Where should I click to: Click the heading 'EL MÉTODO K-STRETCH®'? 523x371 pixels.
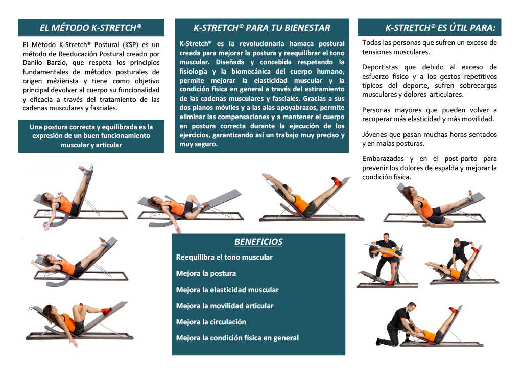click(91, 28)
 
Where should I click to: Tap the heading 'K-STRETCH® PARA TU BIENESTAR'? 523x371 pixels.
click(262, 28)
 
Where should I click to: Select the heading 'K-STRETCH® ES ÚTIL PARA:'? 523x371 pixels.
click(440, 28)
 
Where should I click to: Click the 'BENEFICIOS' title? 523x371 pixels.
click(258, 242)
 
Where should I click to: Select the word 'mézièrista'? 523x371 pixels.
click(60, 81)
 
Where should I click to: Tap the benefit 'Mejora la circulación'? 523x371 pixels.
click(211, 322)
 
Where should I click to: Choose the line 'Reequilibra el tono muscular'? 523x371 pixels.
click(224, 257)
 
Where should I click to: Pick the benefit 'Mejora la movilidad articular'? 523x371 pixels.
click(225, 306)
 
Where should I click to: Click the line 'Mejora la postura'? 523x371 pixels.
click(206, 273)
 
